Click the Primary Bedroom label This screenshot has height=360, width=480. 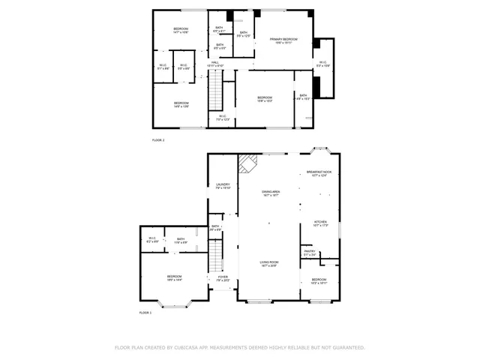pyautogui.click(x=283, y=40)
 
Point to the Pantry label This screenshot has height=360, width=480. pyautogui.click(x=310, y=253)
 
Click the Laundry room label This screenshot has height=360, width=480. pyautogui.click(x=223, y=186)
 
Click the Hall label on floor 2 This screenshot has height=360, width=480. pyautogui.click(x=214, y=64)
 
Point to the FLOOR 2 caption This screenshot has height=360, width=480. pyautogui.click(x=158, y=140)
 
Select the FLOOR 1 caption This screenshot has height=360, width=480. pyautogui.click(x=145, y=312)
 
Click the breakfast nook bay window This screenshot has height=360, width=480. pyautogui.click(x=319, y=150)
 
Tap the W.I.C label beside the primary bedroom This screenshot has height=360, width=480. pyautogui.click(x=322, y=64)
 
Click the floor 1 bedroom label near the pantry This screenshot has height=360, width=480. pyautogui.click(x=319, y=280)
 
